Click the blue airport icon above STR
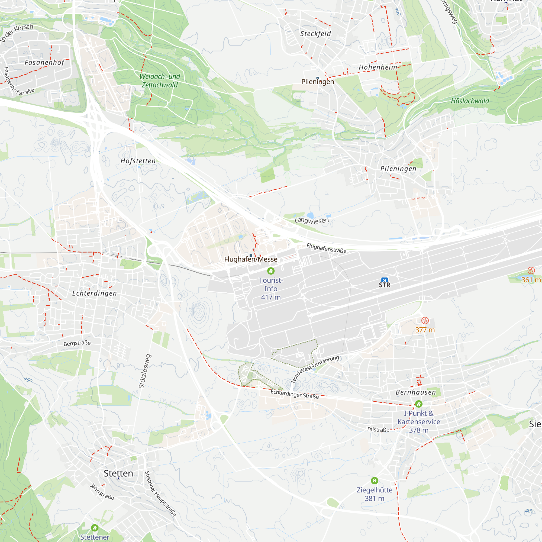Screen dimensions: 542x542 point(384,280)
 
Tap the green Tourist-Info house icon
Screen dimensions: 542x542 point(271,271)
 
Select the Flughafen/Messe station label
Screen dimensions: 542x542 point(251,259)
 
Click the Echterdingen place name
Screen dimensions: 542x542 point(94,293)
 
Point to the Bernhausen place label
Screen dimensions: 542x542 point(416,392)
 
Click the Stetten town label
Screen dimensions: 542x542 point(118,473)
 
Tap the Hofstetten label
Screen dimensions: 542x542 point(138,161)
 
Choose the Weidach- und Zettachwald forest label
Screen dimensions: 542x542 point(160,81)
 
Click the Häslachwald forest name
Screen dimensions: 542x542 point(470,101)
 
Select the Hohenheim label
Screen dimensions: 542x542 point(378,67)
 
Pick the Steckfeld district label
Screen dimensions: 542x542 point(316,34)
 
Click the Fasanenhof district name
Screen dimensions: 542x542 point(44,62)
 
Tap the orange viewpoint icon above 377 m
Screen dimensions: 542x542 point(425,320)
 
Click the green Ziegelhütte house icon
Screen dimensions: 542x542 point(375,480)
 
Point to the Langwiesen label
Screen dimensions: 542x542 point(312,221)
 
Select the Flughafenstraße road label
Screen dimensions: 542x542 point(326,248)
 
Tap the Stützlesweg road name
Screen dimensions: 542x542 point(145,371)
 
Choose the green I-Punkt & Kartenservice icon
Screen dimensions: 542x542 point(419,404)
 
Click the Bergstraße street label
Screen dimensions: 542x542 point(77,343)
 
